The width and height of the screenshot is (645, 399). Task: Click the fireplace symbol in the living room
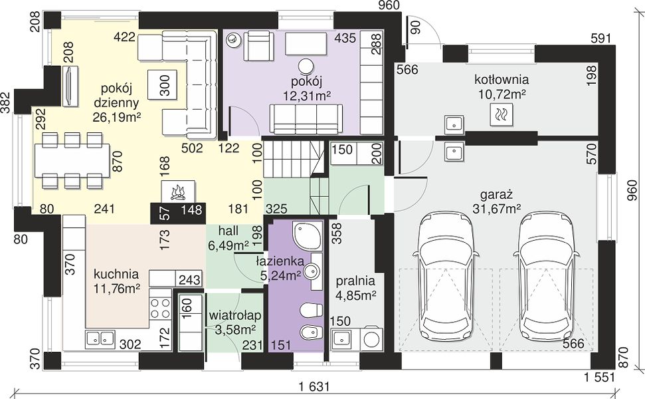pos(179,192)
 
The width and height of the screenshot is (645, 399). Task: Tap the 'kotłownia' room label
pos(502,79)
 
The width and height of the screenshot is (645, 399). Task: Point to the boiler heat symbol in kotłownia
pos(502,114)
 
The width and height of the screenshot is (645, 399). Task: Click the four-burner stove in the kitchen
pos(160,309)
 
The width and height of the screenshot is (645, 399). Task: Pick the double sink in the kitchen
pos(100,338)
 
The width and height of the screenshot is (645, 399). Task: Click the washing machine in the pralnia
pos(372,338)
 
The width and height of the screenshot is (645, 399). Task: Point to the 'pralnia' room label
pos(355,281)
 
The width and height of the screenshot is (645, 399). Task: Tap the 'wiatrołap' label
pos(235,315)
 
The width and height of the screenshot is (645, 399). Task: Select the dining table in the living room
pos(72,160)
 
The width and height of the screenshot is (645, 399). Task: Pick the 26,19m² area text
pos(117,117)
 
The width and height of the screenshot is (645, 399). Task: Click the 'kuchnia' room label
pos(116,274)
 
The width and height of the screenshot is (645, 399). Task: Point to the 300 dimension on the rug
pos(164,85)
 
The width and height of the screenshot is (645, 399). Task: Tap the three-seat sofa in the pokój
pos(306,119)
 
